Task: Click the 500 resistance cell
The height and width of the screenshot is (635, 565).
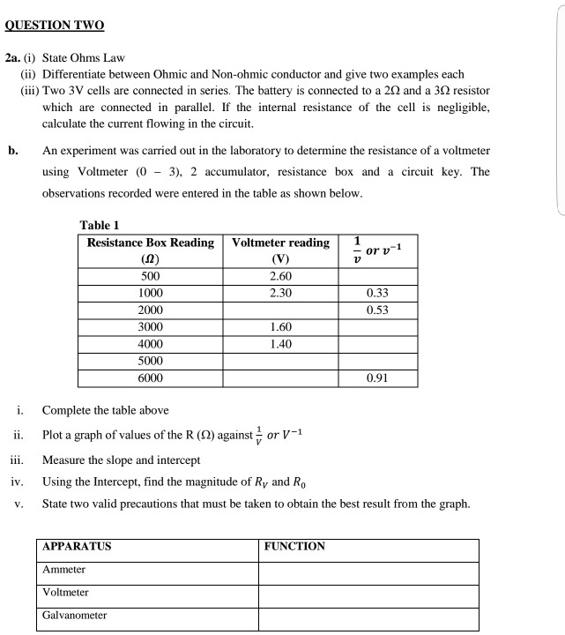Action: click(x=149, y=277)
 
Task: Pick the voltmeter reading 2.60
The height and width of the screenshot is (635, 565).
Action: click(x=280, y=277)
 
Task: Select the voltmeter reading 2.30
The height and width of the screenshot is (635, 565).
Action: click(x=280, y=294)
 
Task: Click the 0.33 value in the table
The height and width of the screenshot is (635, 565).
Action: click(x=377, y=294)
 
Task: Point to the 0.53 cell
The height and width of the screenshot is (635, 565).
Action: click(x=377, y=310)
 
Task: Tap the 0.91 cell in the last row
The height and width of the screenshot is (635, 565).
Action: click(x=377, y=377)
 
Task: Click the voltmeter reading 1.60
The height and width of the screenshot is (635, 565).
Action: click(x=280, y=327)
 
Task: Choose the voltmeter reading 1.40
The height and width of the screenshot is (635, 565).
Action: click(x=280, y=344)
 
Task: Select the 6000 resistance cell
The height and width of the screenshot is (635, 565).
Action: click(x=149, y=377)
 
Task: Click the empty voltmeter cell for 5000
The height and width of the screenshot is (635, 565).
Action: click(x=280, y=361)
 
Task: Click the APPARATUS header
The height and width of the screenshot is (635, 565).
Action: click(x=78, y=547)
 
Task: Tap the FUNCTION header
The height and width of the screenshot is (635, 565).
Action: click(x=295, y=547)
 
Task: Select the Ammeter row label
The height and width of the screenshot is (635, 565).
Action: click(x=63, y=571)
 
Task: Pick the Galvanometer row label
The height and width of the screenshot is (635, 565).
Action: click(x=75, y=616)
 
